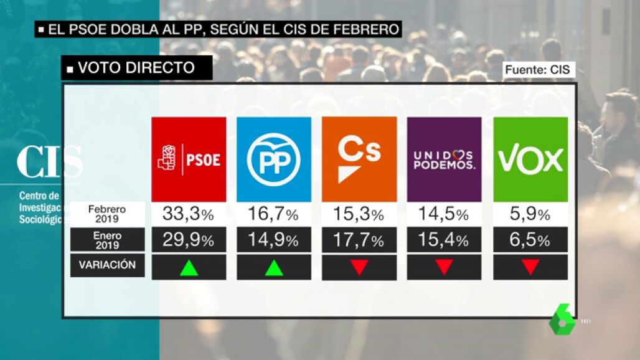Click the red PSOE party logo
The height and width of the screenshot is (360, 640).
point(189,159)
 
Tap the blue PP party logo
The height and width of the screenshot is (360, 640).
point(273,159)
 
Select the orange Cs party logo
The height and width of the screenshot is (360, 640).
point(359,159)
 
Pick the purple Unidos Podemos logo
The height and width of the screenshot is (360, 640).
point(444,159)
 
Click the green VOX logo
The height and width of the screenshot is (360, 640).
point(530,159)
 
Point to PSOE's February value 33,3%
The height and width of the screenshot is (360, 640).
point(189,215)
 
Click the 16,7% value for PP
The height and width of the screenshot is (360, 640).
point(274,215)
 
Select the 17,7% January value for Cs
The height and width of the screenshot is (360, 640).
point(359,240)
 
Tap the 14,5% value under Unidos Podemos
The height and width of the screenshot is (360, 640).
point(444,215)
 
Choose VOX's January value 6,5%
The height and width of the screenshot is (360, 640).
point(530,240)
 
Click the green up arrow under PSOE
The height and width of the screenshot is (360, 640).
point(189,267)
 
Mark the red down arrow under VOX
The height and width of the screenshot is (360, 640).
point(530,267)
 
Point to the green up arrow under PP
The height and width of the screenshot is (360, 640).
point(274,267)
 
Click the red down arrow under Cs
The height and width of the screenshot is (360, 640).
point(359,267)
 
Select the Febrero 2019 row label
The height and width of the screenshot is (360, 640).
point(107,214)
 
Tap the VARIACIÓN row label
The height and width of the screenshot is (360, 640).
point(107,265)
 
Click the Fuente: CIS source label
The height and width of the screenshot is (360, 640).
point(538,70)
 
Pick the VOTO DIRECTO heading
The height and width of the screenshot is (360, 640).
point(136,68)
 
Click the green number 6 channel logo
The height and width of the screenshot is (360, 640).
point(562,320)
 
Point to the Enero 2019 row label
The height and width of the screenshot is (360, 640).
point(107,240)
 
